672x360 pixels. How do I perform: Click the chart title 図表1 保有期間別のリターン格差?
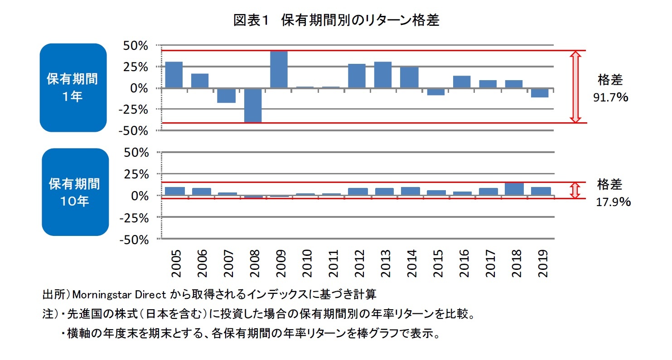click(336, 20)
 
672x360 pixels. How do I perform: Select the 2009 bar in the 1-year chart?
click(279, 69)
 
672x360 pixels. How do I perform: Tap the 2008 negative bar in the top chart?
click(252, 105)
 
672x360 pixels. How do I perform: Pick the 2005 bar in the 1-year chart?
click(174, 75)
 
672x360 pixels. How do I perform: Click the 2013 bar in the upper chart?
click(382, 75)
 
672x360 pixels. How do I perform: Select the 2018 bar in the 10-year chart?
click(514, 189)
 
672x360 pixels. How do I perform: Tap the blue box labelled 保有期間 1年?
click(73, 87)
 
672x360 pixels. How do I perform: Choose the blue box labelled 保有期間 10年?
click(75, 192)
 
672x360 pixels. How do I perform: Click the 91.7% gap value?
click(610, 97)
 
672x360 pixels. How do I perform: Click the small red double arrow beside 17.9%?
click(575, 190)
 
